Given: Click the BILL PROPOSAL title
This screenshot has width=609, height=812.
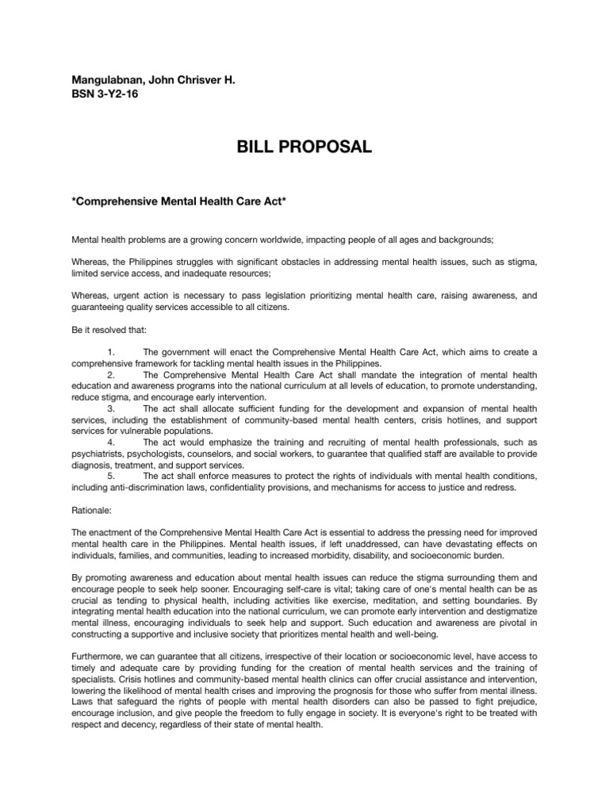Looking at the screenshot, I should coord(304,147).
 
